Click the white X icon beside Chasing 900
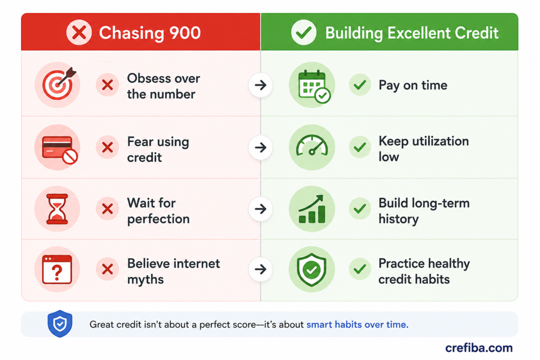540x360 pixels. [79, 33]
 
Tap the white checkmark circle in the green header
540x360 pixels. [304, 33]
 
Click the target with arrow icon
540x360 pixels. [58, 84]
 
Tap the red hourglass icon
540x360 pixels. [57, 209]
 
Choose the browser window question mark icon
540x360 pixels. [57, 269]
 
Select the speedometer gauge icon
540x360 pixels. [312, 145]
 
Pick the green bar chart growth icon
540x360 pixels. [312, 209]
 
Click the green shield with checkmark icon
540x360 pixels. [312, 270]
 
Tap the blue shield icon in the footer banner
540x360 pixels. [60, 324]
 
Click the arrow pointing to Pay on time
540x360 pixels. [261, 85]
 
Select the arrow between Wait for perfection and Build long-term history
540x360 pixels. [261, 209]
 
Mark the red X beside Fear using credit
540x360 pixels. [108, 147]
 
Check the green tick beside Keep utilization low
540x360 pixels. [360, 147]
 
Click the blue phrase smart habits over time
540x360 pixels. [357, 325]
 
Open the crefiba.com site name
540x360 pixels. [479, 348]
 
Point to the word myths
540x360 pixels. [146, 280]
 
